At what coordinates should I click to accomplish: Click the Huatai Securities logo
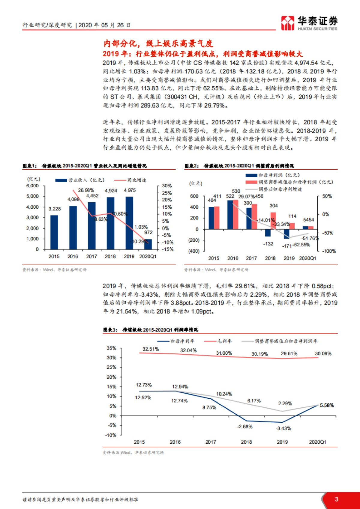click(x=309, y=23)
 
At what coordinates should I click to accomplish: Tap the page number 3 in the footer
click(x=336, y=499)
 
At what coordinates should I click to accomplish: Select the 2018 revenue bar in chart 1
click(x=110, y=223)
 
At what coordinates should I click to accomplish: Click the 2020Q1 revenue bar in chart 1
click(x=148, y=244)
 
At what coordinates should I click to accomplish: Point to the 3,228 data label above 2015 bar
click(x=55, y=209)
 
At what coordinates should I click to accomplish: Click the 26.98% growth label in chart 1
click(x=86, y=190)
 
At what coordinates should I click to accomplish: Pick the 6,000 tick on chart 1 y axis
click(x=32, y=186)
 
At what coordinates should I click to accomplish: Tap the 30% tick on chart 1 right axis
click(x=167, y=186)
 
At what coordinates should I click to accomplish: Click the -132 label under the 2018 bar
click(x=268, y=244)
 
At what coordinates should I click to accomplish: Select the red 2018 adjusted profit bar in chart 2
click(x=273, y=221)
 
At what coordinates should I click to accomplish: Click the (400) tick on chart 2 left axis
click(x=193, y=251)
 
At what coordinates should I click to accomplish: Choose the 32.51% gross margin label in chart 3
click(x=151, y=349)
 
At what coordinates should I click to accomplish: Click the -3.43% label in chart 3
click(x=283, y=428)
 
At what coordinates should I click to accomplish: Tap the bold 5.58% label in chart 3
click(x=327, y=405)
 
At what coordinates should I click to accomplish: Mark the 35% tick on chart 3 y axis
click(x=111, y=348)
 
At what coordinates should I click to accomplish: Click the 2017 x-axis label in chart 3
click(x=211, y=442)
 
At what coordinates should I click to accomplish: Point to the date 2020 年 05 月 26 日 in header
click(x=104, y=25)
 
